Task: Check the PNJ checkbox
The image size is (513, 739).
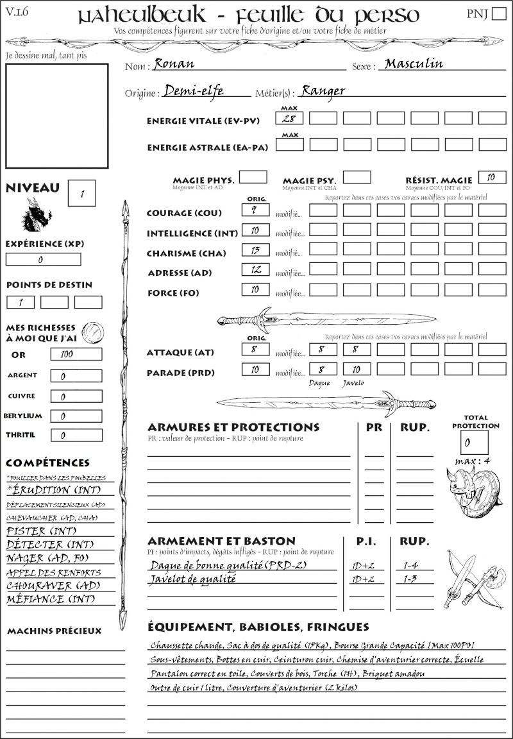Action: click(498, 14)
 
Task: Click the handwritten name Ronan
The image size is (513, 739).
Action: click(174, 64)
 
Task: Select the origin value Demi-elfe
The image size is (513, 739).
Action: click(193, 91)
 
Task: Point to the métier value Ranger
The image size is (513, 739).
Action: click(323, 91)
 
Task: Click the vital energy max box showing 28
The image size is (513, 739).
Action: click(290, 118)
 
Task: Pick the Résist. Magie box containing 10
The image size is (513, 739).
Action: click(492, 176)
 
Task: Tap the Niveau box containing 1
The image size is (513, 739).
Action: click(83, 193)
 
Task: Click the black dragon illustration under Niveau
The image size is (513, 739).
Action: click(37, 215)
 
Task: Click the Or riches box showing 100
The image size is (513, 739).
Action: click(76, 354)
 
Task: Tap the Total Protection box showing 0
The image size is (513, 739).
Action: click(474, 442)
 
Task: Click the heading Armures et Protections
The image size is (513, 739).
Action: click(233, 427)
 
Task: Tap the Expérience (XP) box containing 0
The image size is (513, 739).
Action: click(43, 260)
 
